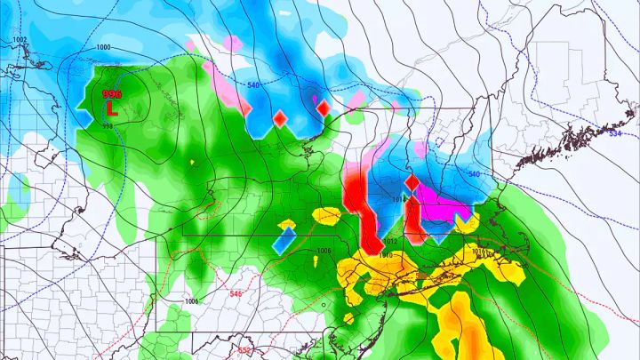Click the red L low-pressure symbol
pyautogui.click(x=111, y=109)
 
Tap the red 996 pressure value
pyautogui.click(x=112, y=93)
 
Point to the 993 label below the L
pyautogui.click(x=107, y=125)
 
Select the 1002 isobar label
pyautogui.click(x=20, y=41)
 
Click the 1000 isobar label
pyautogui.click(x=103, y=47)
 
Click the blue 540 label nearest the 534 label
pyautogui.click(x=473, y=174)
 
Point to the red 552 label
pyautogui.click(x=244, y=350)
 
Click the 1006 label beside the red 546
pyautogui.click(x=191, y=301)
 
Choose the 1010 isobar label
pyautogui.click(x=385, y=256)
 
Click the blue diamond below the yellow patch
pyautogui.click(x=284, y=238)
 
